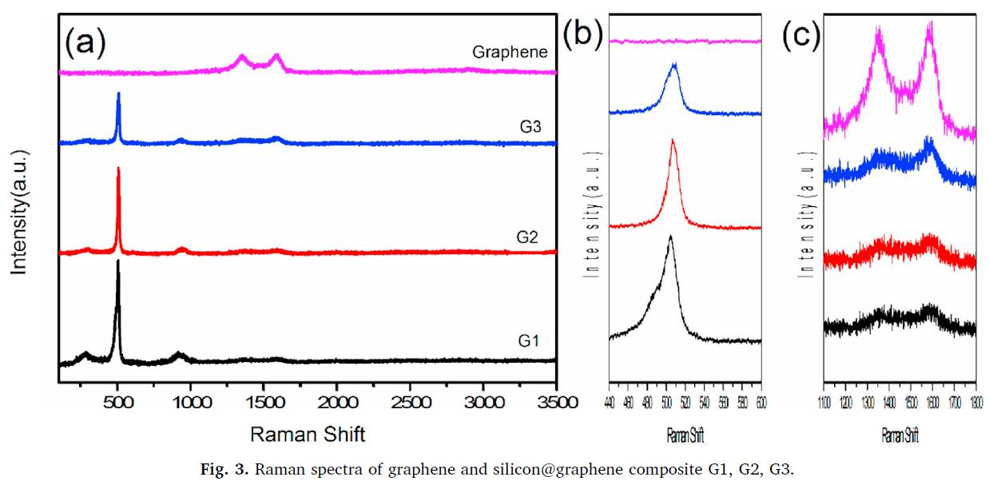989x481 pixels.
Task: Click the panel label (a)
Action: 85,42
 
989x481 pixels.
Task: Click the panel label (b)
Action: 583,35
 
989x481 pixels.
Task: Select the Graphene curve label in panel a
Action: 510,53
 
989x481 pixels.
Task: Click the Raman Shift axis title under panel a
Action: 308,435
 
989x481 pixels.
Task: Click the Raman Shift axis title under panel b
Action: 685,436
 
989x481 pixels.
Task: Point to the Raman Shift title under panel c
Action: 900,436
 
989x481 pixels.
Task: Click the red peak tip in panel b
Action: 673,141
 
